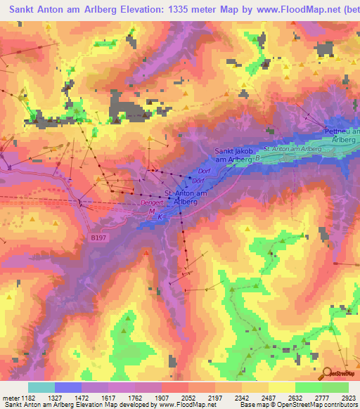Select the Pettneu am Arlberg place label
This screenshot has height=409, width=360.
click(x=342, y=134)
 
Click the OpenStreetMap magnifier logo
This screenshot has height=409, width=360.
click(x=327, y=374)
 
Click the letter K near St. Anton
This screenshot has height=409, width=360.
click(x=160, y=217)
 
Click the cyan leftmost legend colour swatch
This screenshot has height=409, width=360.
click(x=41, y=387)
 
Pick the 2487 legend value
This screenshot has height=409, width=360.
click(x=269, y=398)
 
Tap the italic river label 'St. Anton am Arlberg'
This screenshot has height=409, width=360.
click(x=292, y=149)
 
